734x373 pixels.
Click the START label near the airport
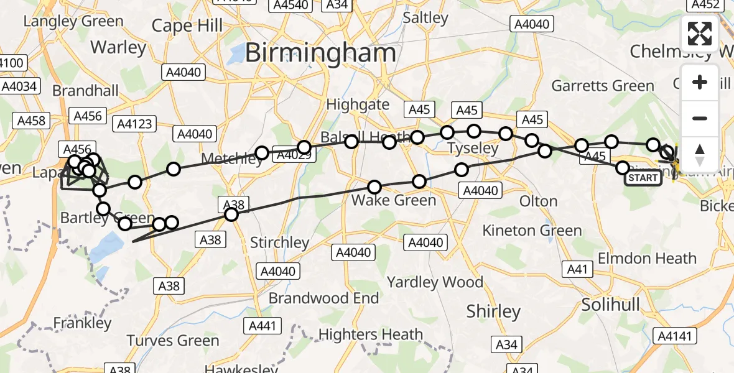point(643,178)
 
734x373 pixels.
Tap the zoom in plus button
point(700,83)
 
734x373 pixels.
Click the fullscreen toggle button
point(700,34)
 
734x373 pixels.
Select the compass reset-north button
point(700,154)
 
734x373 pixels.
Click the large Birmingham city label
point(320,53)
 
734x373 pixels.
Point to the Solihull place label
point(610,305)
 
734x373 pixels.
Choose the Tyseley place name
point(473,148)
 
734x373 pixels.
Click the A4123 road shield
point(134,124)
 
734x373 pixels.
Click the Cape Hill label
point(187,26)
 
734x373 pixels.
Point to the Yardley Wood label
point(435,282)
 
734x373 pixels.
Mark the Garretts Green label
point(603,86)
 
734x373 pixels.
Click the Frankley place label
point(82,323)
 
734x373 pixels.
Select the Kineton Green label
point(532,231)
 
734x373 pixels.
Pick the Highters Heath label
point(371,334)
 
